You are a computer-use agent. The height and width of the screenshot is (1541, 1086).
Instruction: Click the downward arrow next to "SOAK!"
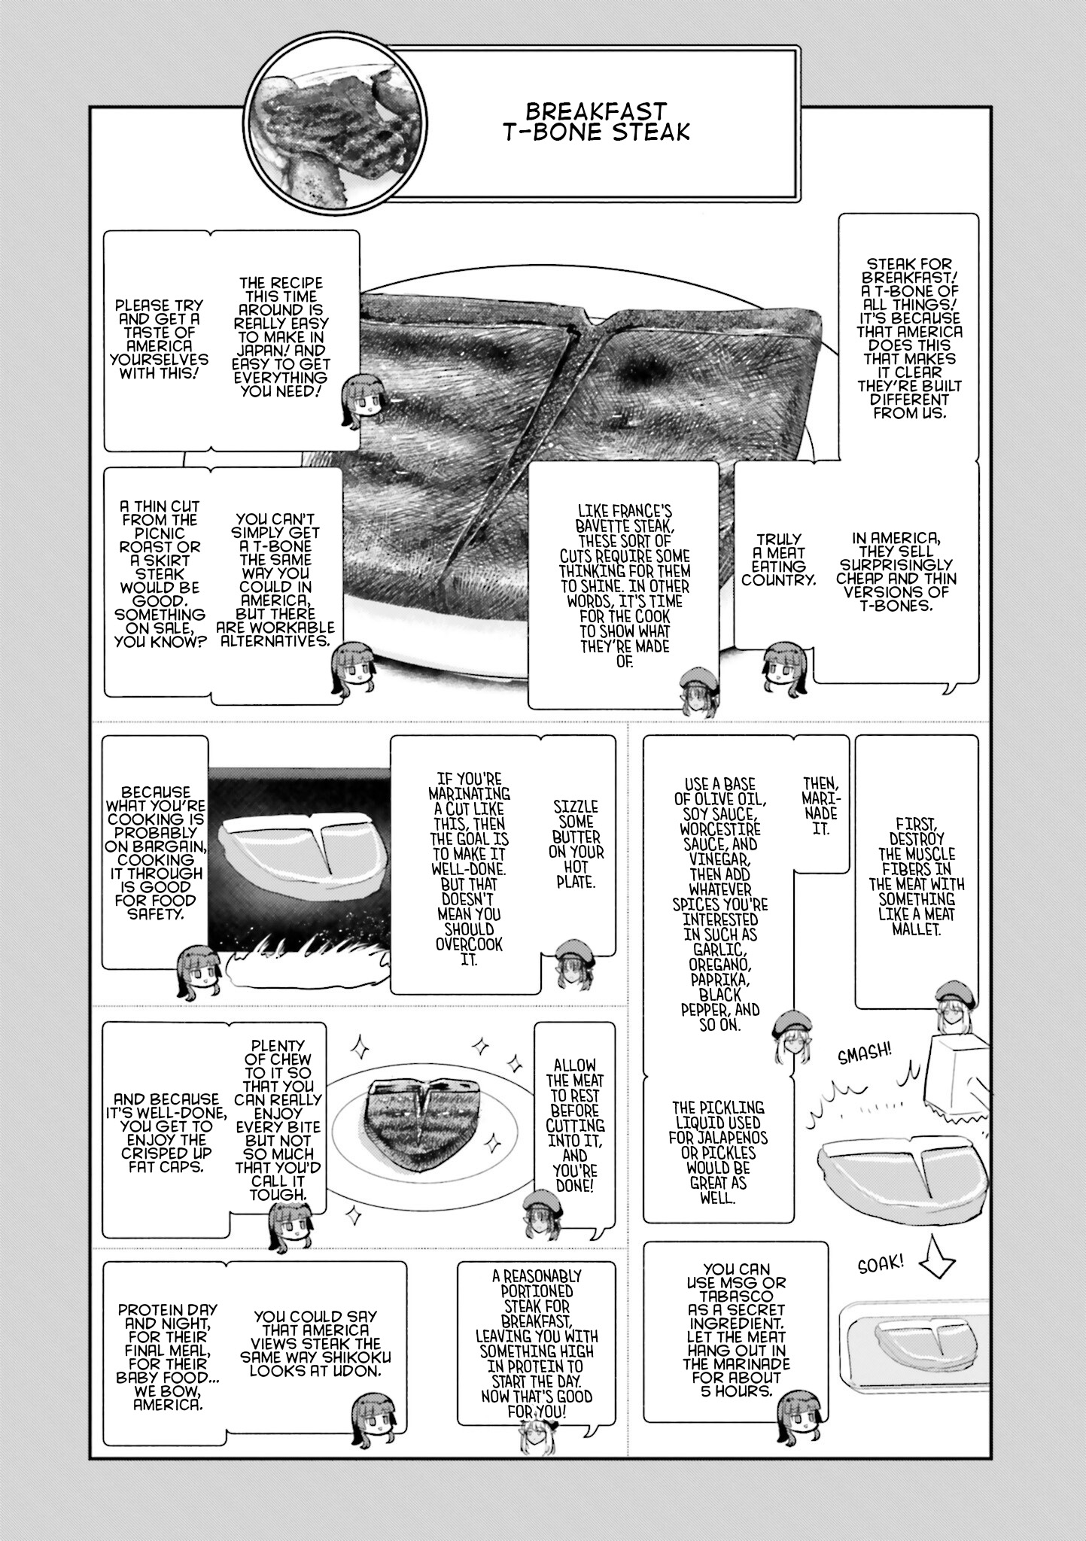click(935, 1258)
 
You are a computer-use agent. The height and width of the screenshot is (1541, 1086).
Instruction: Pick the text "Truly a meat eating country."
click(779, 559)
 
